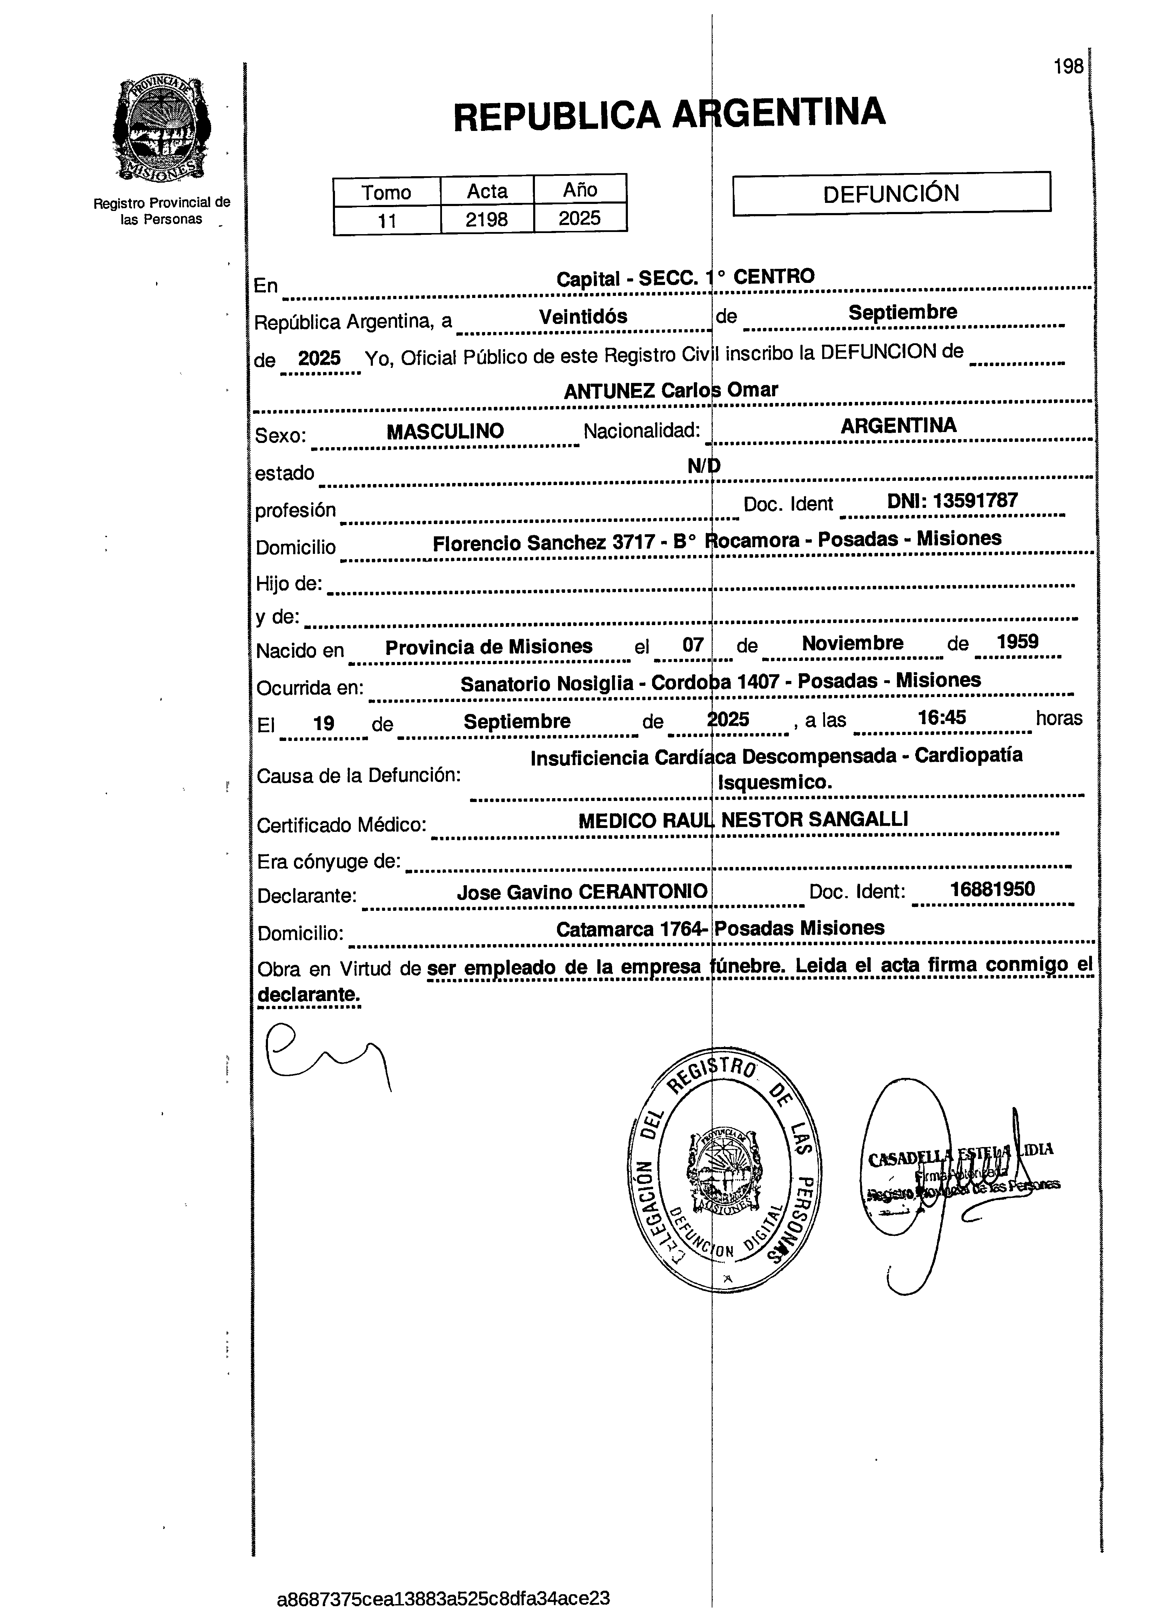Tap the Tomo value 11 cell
[387, 220]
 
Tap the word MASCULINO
[445, 431]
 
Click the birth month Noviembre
[852, 643]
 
